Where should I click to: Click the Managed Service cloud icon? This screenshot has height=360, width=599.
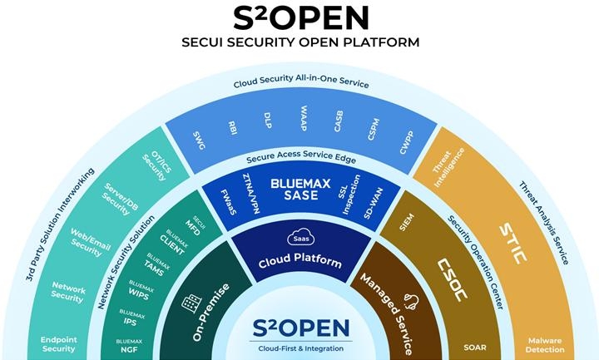click(409, 302)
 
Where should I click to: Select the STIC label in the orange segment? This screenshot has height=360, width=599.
click(513, 243)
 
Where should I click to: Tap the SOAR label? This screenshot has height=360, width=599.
click(476, 348)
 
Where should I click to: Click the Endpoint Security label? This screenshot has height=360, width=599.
click(58, 344)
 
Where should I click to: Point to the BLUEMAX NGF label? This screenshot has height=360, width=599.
click(128, 345)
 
